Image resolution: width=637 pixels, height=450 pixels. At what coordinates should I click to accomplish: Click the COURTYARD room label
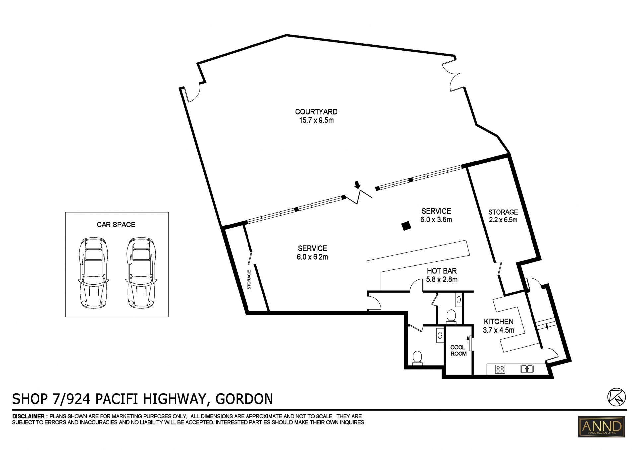click(316, 112)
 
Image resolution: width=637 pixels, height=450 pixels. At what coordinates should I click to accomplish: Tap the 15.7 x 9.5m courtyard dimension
click(316, 120)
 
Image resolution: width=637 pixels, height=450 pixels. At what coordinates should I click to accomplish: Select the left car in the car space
click(93, 273)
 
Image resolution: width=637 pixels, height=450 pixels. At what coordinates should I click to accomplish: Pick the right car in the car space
click(141, 273)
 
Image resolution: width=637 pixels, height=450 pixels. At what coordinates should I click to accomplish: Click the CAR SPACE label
click(116, 225)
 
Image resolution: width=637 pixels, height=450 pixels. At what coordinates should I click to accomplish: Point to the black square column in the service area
click(406, 226)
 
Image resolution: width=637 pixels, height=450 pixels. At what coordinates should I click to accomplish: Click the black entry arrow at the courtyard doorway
click(357, 184)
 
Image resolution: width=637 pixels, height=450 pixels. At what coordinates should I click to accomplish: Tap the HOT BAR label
click(442, 271)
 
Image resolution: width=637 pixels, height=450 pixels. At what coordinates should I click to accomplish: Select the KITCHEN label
click(498, 322)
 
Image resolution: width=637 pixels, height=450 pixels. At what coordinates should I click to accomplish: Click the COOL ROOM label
click(458, 351)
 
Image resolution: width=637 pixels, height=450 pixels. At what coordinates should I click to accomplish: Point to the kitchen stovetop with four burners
click(500, 369)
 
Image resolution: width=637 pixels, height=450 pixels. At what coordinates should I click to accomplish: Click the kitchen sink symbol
click(527, 369)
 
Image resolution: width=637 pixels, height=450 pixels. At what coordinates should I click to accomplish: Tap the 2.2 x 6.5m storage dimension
click(503, 220)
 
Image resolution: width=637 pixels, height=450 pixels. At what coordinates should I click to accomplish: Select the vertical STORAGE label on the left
click(249, 280)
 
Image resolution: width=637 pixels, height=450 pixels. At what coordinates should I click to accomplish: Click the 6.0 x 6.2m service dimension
click(312, 257)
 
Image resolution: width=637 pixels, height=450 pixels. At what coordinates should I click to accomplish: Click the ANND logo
click(601, 426)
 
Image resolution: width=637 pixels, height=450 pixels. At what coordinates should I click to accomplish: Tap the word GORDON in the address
click(244, 399)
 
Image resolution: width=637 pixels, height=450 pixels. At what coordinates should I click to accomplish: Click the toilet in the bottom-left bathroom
click(417, 358)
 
